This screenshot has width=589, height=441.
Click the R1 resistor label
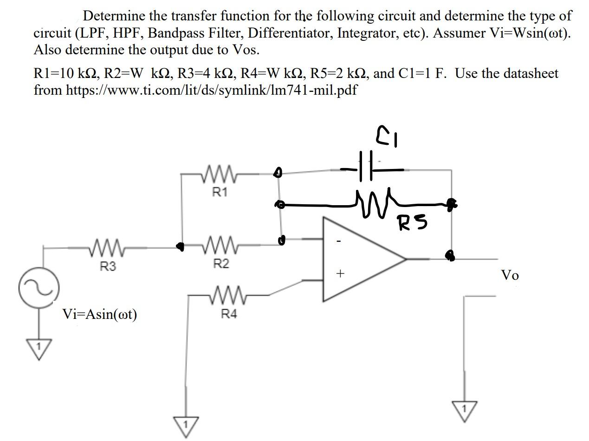(x=220, y=192)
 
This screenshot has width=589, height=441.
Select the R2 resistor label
(x=221, y=264)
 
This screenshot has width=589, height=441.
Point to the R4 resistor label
(x=228, y=314)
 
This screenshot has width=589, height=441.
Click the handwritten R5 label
(x=412, y=224)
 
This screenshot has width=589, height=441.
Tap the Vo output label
(x=510, y=275)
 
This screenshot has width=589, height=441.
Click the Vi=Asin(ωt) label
(x=100, y=314)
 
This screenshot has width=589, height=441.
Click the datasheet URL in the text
(x=211, y=90)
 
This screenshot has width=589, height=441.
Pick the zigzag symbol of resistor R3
(x=108, y=247)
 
